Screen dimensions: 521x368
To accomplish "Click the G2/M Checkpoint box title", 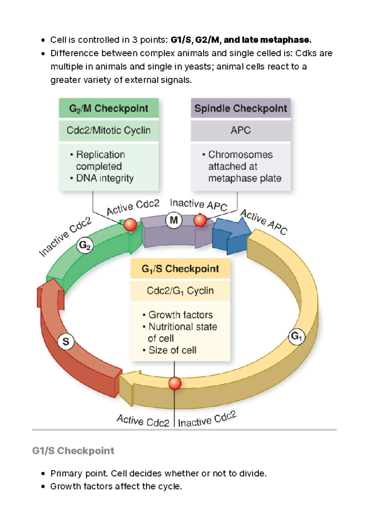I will click(109, 108).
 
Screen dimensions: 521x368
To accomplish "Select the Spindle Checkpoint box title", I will click(241, 108).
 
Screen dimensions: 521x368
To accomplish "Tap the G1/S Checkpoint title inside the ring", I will click(180, 269).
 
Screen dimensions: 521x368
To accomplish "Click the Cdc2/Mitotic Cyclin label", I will click(109, 130).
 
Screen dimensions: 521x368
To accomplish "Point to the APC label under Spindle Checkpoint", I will click(241, 130).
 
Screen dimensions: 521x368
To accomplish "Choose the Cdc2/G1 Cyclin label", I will click(180, 291).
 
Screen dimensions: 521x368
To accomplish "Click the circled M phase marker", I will click(174, 220).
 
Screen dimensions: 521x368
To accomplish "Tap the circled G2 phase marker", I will click(85, 245).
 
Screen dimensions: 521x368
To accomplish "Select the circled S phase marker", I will click(66, 342).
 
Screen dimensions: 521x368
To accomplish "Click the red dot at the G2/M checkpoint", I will click(130, 225).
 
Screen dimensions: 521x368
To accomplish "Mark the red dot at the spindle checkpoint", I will click(200, 220).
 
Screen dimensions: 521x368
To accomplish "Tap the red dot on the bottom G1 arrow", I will click(175, 384).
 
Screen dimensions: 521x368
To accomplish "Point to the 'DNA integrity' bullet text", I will click(105, 178).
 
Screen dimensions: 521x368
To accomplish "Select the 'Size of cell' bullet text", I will click(172, 350).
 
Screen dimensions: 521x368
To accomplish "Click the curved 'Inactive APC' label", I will click(198, 205).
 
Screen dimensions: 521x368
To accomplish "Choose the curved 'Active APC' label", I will click(264, 222).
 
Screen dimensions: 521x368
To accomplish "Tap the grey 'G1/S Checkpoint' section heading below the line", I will click(73, 451).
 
